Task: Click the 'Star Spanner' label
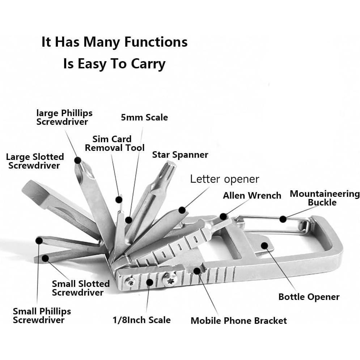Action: pos(180,155)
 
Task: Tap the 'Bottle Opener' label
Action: pos(309,297)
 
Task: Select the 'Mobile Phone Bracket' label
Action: pos(238,321)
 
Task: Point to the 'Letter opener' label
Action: pos(224,179)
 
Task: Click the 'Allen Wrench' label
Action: pos(252,196)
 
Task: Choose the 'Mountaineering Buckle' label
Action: pos(325,198)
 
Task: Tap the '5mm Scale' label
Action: pos(144,117)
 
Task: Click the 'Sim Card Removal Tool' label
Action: pos(114,143)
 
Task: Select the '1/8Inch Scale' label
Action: pos(141,320)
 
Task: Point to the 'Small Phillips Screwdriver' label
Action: pos(42,315)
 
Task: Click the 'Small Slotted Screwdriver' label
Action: pos(80,288)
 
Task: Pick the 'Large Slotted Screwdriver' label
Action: pos(35,161)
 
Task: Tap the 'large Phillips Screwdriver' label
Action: pos(64,117)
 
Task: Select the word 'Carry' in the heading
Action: pos(149,64)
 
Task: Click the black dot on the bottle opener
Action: pos(264,246)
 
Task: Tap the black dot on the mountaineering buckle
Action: pos(283,219)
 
